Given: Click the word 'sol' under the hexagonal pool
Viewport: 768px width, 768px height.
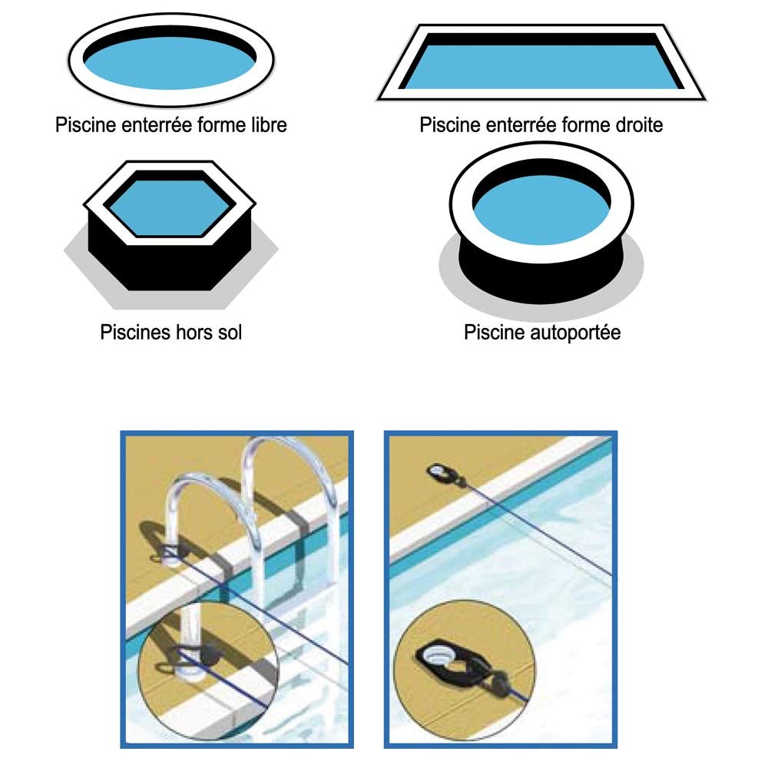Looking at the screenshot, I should (x=228, y=333).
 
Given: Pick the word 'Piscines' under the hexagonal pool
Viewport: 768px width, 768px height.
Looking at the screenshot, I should (x=132, y=333).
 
